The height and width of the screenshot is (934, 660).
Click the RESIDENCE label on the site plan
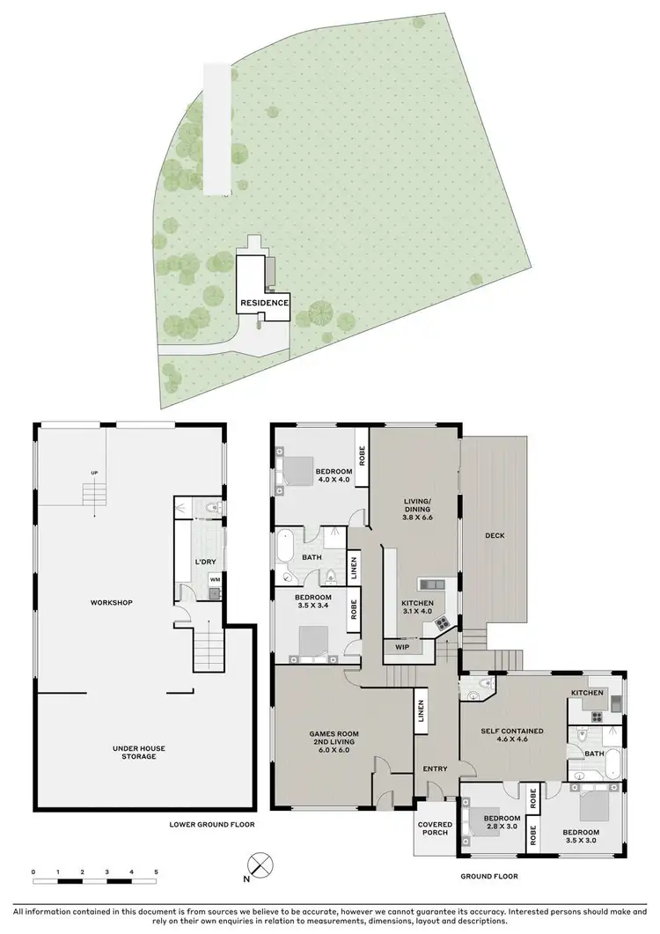coord(264,303)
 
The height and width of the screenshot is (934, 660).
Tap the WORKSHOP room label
coord(111,602)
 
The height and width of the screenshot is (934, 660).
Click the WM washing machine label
coord(214,578)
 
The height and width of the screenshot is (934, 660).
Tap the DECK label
coord(493,535)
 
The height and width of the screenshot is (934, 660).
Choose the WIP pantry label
coord(402,646)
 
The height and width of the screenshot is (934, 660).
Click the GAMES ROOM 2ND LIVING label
coord(334,741)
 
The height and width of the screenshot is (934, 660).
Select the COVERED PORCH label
coord(436,829)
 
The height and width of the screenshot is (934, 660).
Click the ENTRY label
coord(435,769)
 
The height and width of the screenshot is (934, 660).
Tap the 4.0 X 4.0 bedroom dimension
coord(334,482)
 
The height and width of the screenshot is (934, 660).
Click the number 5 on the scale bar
coord(156,871)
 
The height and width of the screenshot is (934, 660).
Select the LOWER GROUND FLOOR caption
coord(212,825)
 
